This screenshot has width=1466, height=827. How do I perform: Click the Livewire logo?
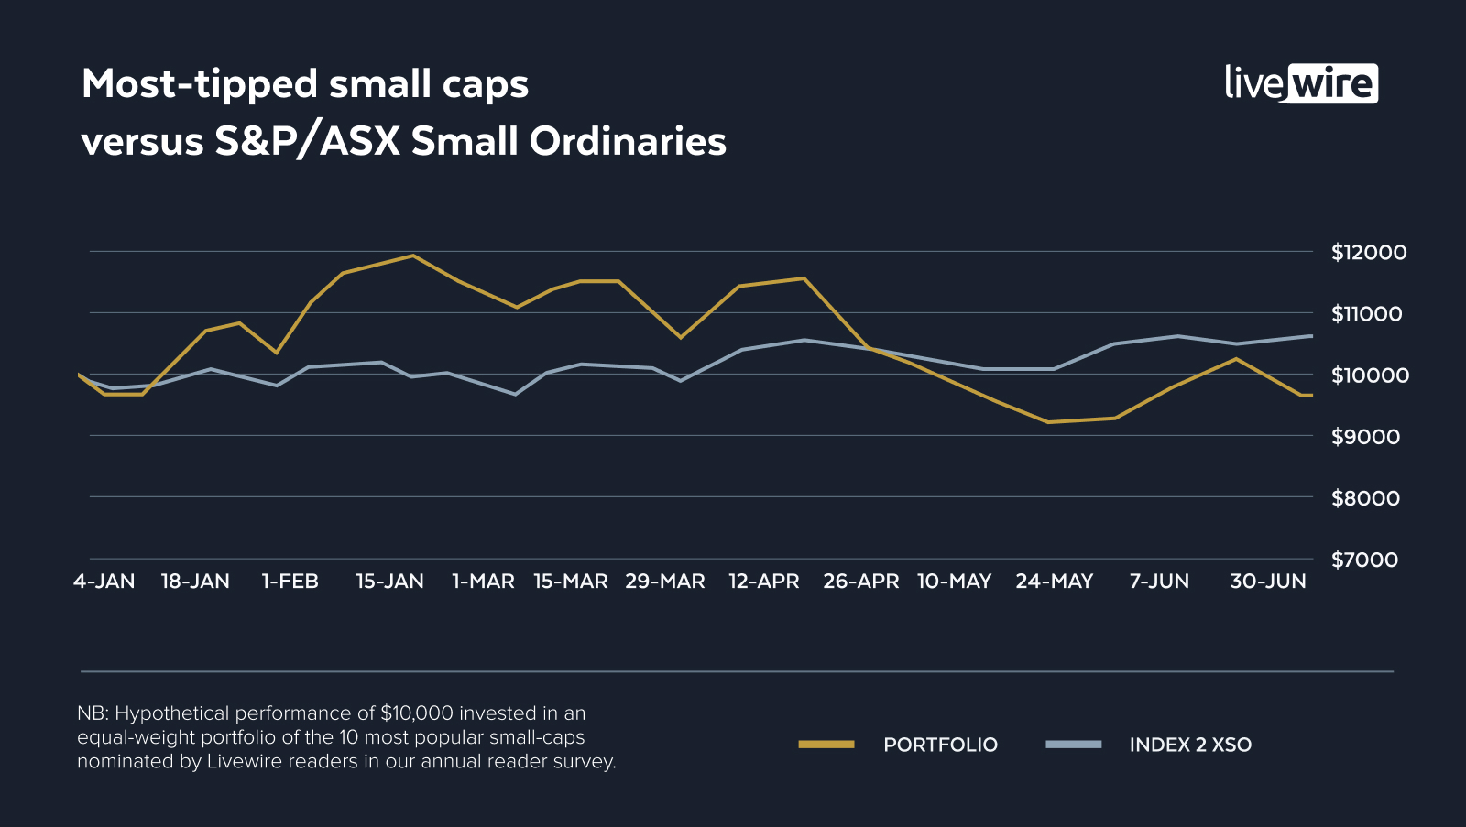pos(1301,83)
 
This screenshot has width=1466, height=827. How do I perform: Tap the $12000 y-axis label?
pos(1369,252)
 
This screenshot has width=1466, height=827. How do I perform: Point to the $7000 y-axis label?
pos(1365,560)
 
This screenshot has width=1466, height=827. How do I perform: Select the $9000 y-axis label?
pos(1365,437)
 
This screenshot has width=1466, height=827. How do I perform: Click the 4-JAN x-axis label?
pos(104,582)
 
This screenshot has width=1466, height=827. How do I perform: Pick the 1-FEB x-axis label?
pos(290,582)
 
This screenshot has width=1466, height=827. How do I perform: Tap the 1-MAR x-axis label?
pos(484,582)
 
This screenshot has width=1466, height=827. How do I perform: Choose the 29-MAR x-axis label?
pos(665,582)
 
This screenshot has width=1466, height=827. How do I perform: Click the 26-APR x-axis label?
pos(861,582)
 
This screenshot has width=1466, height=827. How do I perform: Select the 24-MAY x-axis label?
pos(1055,582)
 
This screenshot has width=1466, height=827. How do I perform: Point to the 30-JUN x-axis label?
pos(1268,582)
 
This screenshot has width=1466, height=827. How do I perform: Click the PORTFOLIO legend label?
pos(940,745)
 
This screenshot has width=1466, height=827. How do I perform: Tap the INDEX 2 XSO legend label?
pos(1190,745)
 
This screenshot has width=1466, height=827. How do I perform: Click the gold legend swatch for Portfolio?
pos(826,745)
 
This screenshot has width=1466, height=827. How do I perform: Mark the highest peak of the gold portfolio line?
pos(412,256)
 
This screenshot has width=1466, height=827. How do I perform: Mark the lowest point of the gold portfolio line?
pos(1048,422)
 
